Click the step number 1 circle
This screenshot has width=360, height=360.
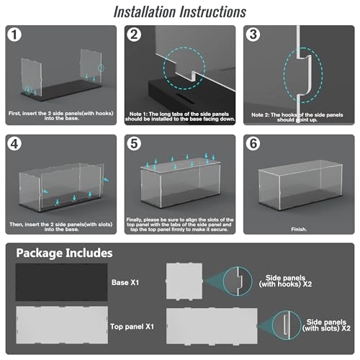14,35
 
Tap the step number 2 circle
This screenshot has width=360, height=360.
134,35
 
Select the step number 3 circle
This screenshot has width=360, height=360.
253,35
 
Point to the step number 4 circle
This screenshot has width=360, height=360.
14,144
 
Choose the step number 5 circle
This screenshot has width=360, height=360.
134,144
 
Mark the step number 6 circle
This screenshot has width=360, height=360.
253,144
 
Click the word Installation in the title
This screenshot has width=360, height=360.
145,12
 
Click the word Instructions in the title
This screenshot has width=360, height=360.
213,12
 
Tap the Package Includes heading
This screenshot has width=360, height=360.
64,253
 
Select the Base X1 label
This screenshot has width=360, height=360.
125,282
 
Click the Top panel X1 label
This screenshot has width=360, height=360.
132,326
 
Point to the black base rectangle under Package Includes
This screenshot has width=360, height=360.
62,282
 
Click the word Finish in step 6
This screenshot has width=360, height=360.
299,229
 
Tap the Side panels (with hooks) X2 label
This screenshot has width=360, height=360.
285,281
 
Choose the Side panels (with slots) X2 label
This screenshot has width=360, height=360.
326,325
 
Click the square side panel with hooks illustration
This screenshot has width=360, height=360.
184,281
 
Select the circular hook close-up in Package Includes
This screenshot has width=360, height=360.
238,281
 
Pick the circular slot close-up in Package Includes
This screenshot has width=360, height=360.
287,325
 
